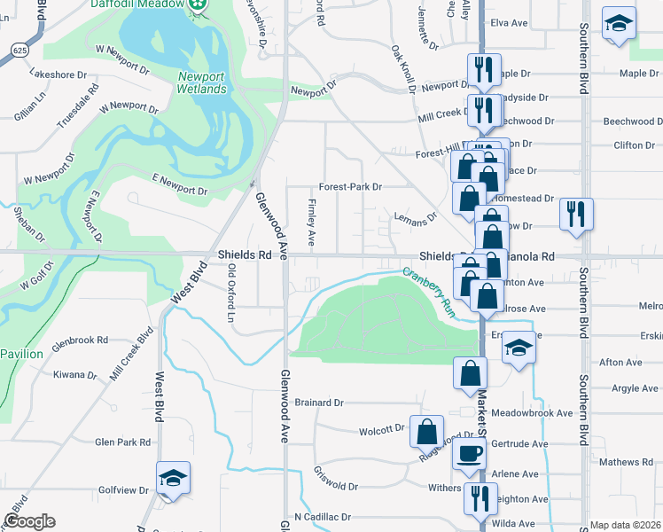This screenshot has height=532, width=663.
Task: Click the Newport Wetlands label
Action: pyautogui.click(x=201, y=82)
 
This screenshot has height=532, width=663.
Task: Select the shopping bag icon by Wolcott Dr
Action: pyautogui.click(x=426, y=432)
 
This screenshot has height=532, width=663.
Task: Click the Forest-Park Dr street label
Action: pyautogui.click(x=350, y=187)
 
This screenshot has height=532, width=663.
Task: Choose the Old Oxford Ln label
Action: pyautogui.click(x=231, y=293)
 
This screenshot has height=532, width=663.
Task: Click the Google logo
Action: pyautogui.click(x=28, y=521)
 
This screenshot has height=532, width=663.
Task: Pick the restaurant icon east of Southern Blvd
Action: pyautogui.click(x=576, y=215)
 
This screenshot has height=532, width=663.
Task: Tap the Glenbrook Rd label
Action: pyautogui.click(x=80, y=340)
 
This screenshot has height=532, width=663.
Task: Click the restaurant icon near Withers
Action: pyautogui.click(x=480, y=498)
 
